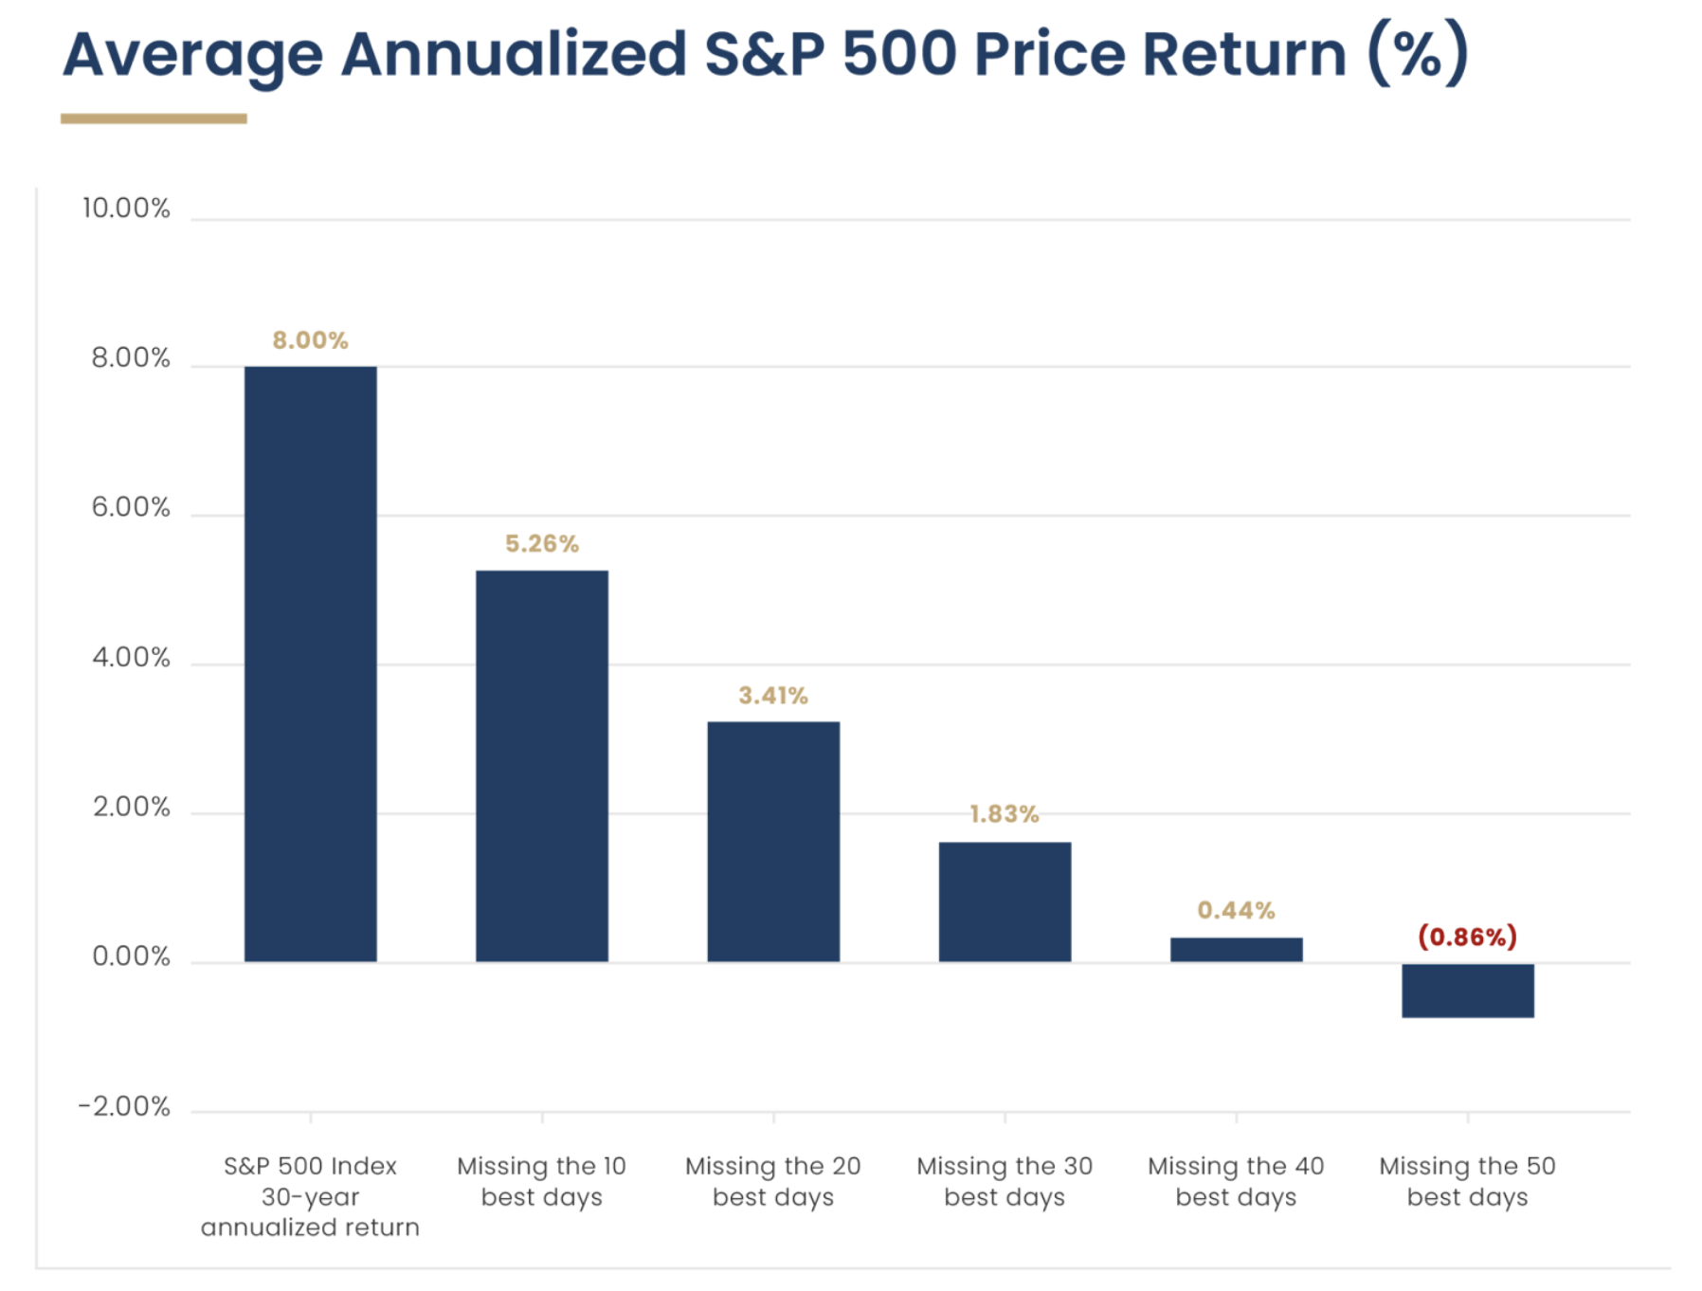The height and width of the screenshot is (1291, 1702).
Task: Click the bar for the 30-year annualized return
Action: click(x=310, y=664)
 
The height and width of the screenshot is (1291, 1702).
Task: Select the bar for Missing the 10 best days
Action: click(x=541, y=766)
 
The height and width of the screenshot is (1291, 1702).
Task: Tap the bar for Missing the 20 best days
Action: click(x=772, y=842)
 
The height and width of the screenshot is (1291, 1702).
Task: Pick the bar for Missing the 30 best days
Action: click(x=1005, y=901)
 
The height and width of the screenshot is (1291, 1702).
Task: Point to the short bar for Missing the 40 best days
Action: click(x=1236, y=950)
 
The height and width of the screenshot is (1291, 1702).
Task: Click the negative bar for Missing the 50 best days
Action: click(x=1467, y=991)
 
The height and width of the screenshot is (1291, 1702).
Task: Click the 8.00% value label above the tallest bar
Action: click(x=310, y=340)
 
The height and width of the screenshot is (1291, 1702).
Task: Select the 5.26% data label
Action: click(x=541, y=544)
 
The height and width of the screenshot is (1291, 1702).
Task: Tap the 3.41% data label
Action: click(x=772, y=696)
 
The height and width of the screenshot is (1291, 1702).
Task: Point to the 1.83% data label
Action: click(x=1005, y=814)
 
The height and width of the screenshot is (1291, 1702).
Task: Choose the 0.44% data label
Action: click(x=1236, y=911)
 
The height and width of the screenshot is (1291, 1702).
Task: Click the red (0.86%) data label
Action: click(x=1467, y=937)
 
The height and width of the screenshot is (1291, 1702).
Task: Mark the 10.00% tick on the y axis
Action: click(x=126, y=209)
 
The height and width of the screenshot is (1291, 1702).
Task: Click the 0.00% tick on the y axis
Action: click(x=131, y=957)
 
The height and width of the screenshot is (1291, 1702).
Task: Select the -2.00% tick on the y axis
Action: click(x=124, y=1107)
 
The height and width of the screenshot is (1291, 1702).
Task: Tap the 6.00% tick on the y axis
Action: click(x=131, y=508)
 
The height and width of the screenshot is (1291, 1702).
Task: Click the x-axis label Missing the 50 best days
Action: click(x=1467, y=1181)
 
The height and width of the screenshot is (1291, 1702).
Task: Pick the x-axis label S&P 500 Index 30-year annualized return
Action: click(x=310, y=1196)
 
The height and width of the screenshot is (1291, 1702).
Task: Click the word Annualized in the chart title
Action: click(x=513, y=54)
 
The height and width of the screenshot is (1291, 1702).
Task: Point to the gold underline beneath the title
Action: click(x=154, y=118)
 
